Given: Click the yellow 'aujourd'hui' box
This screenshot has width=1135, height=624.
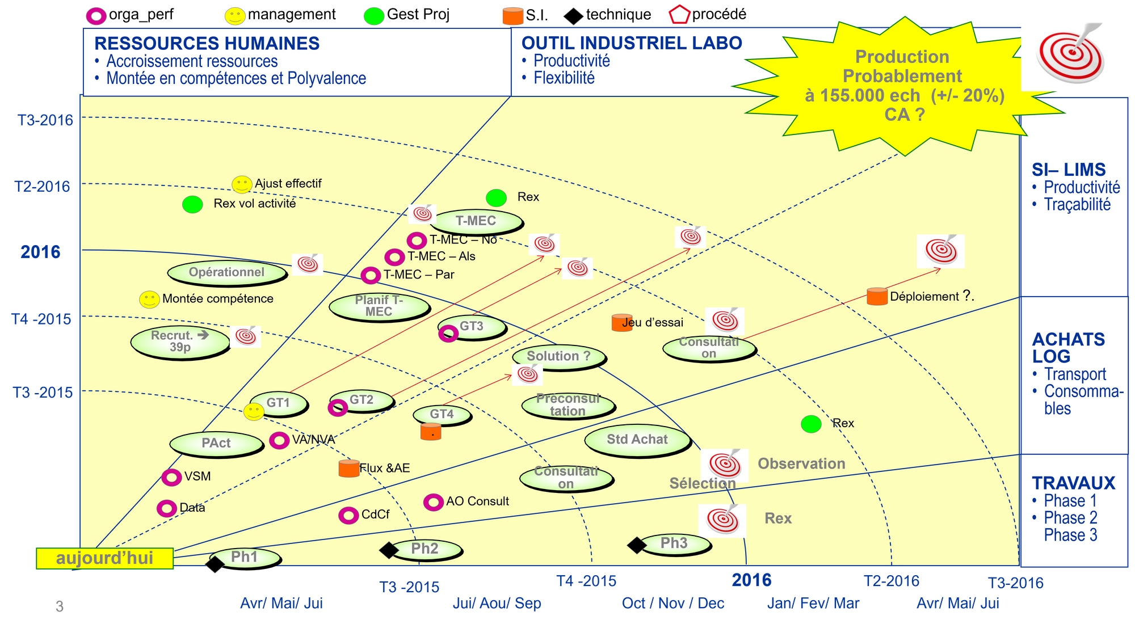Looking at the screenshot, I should click(104, 558).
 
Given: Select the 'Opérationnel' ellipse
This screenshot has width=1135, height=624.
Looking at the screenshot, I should click(227, 273).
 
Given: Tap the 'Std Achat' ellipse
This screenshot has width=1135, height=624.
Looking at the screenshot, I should click(637, 440).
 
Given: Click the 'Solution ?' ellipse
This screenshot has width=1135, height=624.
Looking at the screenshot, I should click(559, 357).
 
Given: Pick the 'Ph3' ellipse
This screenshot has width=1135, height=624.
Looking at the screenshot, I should click(674, 544).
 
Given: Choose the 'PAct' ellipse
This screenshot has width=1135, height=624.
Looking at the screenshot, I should click(216, 444).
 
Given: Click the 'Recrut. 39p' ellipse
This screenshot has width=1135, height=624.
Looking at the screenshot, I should click(180, 341).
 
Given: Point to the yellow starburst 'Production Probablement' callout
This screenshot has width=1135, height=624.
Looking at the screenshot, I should click(903, 85).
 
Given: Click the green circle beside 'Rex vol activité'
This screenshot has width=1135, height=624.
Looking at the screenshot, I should click(192, 204).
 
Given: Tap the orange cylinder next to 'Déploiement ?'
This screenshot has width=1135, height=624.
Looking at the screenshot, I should click(877, 296).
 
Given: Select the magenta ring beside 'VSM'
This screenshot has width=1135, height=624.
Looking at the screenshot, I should click(171, 477).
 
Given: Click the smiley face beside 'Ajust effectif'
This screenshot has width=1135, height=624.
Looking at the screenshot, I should click(242, 184).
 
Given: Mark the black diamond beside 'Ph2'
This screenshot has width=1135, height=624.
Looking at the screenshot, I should click(389, 550).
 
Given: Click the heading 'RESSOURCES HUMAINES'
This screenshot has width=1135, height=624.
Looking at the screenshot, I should click(207, 44).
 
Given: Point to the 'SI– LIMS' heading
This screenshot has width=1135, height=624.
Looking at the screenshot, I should click(1068, 170).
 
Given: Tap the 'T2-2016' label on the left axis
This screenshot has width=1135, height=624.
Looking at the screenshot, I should click(43, 186).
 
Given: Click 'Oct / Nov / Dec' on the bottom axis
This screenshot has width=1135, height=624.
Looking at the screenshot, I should click(673, 603).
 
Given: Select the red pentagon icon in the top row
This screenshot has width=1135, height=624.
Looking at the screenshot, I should click(680, 14).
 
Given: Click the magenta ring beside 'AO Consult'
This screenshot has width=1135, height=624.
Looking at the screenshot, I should click(433, 502).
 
